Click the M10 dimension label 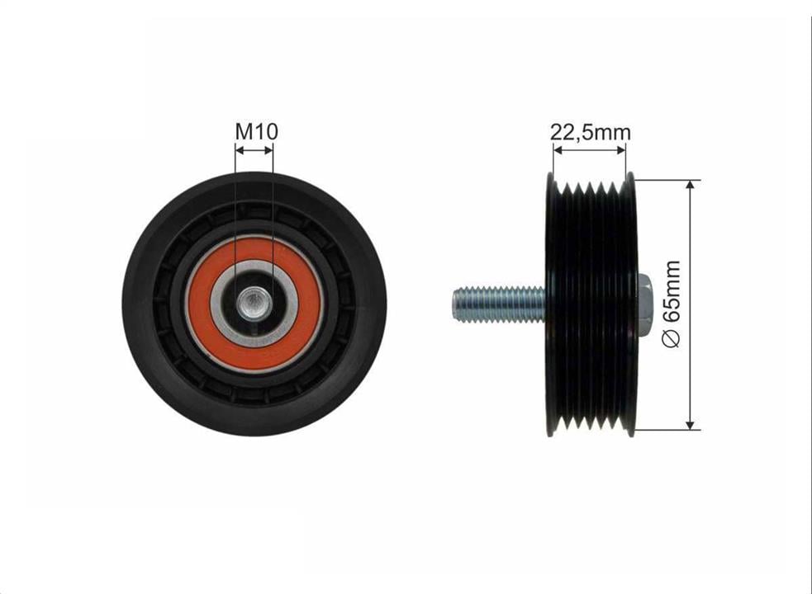pos(256,131)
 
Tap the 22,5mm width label pos(591,133)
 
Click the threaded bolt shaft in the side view pos(499,304)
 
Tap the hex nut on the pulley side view pos(642,304)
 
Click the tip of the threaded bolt pos(453,304)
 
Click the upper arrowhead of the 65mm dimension pos(690,185)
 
